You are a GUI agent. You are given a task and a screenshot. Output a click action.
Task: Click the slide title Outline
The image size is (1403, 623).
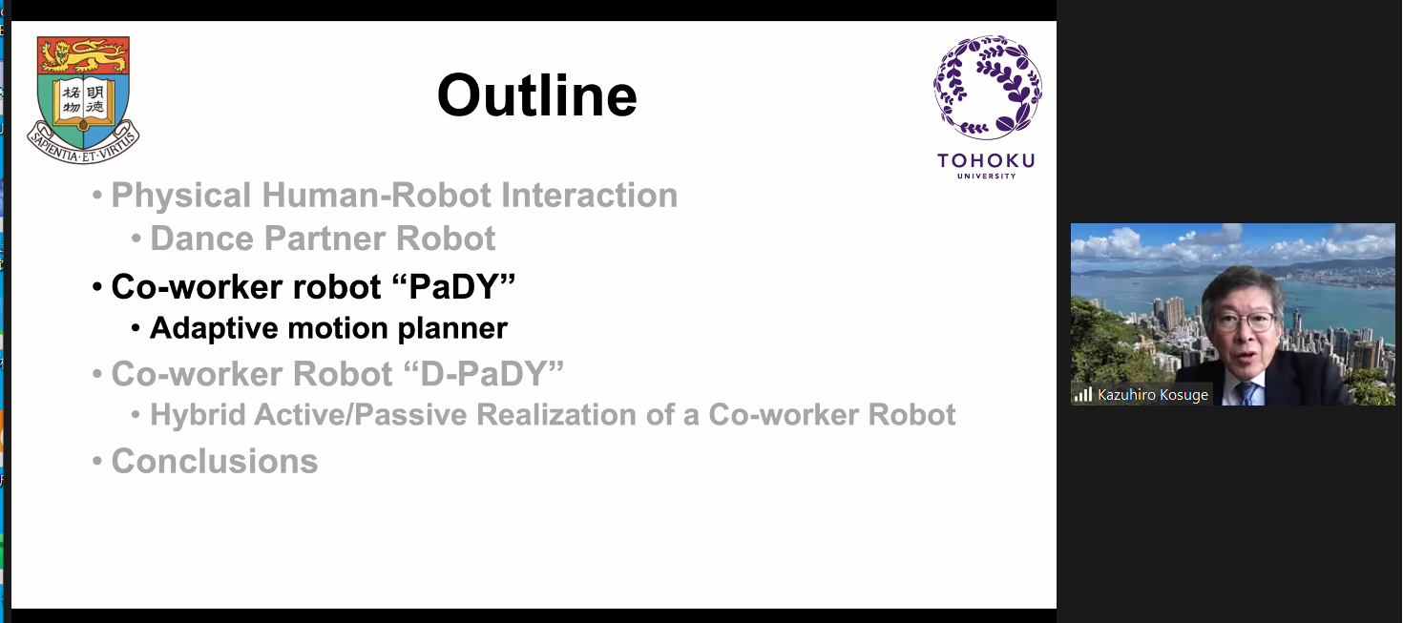[536, 95]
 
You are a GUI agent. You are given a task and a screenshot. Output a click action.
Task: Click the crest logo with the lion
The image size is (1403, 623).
[83, 99]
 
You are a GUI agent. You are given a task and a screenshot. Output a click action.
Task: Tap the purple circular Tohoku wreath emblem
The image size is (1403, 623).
[987, 87]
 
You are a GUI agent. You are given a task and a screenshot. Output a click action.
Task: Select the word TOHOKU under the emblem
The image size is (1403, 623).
[986, 161]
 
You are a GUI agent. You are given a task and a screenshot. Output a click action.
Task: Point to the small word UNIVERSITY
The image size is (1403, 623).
[987, 176]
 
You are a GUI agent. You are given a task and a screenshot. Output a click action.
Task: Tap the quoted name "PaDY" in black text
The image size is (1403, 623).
[453, 286]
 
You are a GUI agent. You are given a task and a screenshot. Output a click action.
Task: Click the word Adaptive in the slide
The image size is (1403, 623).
[214, 329]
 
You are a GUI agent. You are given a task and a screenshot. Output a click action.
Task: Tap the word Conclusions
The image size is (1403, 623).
[215, 461]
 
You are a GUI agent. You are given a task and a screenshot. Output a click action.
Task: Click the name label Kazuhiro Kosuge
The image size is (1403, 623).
[1153, 395]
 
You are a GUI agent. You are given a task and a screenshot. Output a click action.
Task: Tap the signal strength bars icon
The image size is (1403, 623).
[1083, 394]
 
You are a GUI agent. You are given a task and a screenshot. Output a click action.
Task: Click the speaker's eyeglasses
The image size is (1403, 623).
[1246, 322]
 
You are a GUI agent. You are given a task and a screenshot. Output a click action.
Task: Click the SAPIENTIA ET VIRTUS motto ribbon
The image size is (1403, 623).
[83, 145]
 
